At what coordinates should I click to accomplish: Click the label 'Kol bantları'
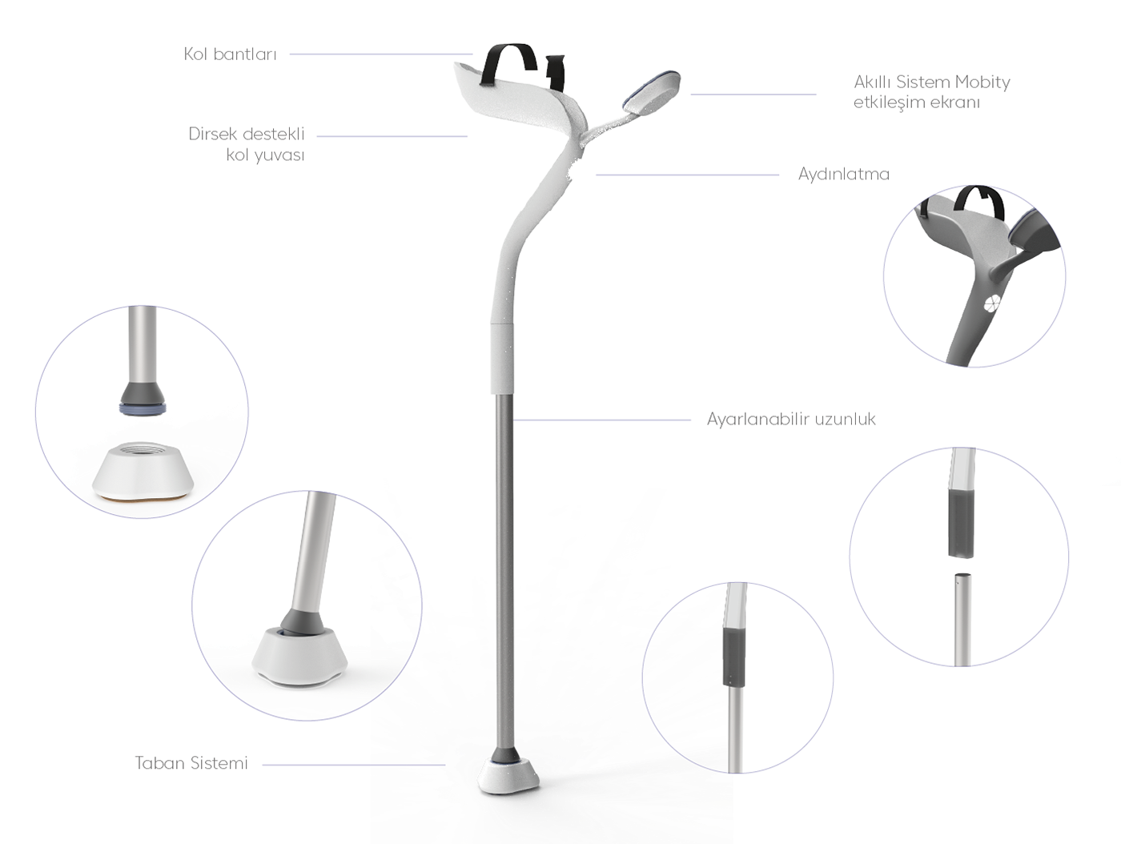point(230,54)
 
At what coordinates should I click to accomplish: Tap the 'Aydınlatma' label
point(843,174)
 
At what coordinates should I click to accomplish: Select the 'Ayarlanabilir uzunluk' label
point(791,419)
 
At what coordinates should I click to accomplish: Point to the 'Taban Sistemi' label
point(191,763)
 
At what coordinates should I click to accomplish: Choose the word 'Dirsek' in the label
point(214,134)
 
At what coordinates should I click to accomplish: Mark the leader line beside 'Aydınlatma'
point(686,175)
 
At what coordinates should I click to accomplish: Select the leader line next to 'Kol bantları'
point(381,54)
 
